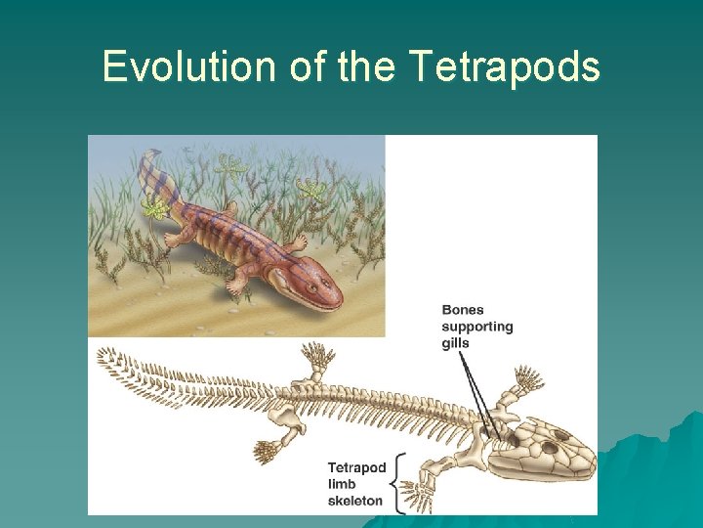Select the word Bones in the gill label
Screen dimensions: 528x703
pyautogui.click(x=463, y=310)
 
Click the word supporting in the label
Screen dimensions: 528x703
pyautogui.click(x=477, y=327)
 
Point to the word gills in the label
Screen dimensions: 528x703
pyautogui.click(x=456, y=343)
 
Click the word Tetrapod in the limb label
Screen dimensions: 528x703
pyautogui.click(x=357, y=467)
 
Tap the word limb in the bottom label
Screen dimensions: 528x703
pyautogui.click(x=342, y=484)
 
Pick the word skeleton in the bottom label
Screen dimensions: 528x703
pyautogui.click(x=355, y=501)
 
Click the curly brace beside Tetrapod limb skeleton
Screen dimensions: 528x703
pyautogui.click(x=396, y=485)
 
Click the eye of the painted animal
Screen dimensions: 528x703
pyautogui.click(x=312, y=286)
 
